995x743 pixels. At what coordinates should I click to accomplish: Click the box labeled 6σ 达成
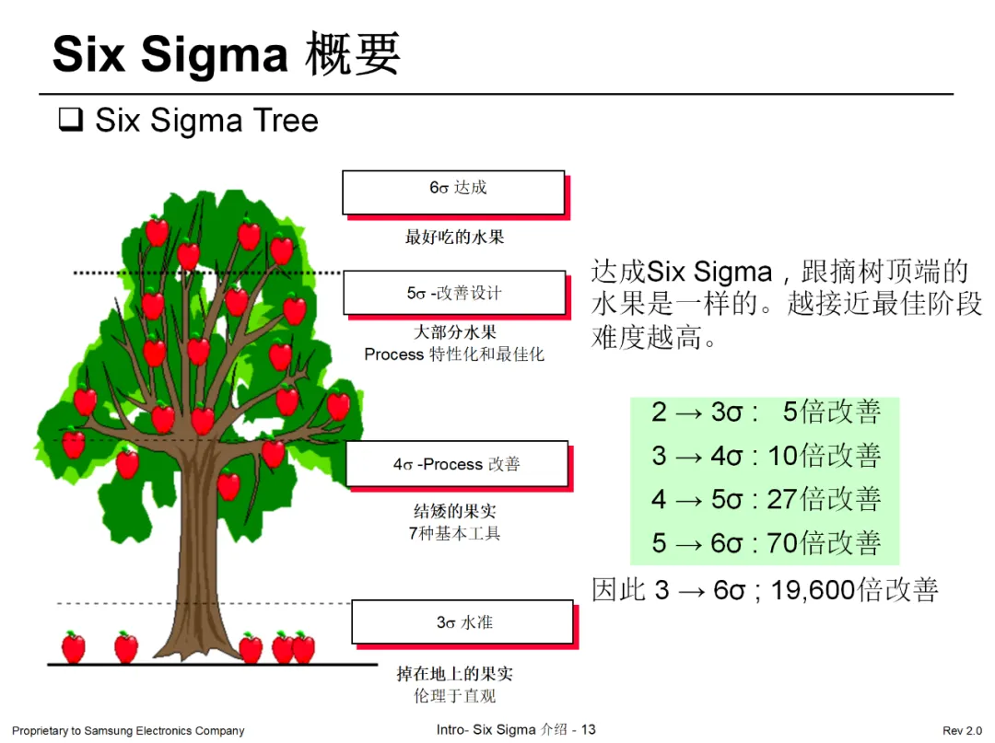pos(453,192)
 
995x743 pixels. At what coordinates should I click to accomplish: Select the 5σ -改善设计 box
pos(454,293)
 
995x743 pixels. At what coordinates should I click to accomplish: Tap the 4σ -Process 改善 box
pos(456,464)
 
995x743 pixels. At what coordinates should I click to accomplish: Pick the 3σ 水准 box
pos(463,622)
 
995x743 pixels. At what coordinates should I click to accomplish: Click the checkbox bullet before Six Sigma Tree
pos(70,121)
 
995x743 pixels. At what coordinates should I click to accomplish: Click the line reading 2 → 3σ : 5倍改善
pos(765,412)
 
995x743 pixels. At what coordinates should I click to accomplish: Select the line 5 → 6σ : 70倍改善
pos(765,543)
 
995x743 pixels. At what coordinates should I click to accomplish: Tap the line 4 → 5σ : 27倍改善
pos(765,499)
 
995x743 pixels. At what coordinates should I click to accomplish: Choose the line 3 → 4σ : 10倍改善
pos(765,455)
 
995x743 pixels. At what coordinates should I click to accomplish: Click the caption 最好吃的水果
pos(454,238)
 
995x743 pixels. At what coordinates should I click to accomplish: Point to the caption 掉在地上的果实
pos(454,674)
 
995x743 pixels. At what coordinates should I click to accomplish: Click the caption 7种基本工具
pos(454,533)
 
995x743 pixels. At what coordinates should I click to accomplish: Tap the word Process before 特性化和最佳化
pos(393,354)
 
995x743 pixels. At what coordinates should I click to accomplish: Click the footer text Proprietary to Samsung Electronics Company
pos(128,731)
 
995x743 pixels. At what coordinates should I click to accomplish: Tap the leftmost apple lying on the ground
pos(73,647)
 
